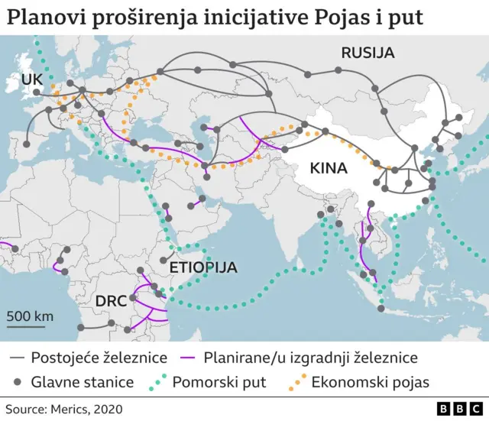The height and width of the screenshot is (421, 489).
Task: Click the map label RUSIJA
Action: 368,53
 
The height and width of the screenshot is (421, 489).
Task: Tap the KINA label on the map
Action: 329,167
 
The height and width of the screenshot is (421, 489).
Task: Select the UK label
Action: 33,79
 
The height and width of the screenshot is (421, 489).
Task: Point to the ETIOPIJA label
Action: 202,268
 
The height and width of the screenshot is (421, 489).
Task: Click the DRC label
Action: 111,301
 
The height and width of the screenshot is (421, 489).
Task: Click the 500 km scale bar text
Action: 31,316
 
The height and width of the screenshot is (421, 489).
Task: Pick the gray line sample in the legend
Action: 18,358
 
